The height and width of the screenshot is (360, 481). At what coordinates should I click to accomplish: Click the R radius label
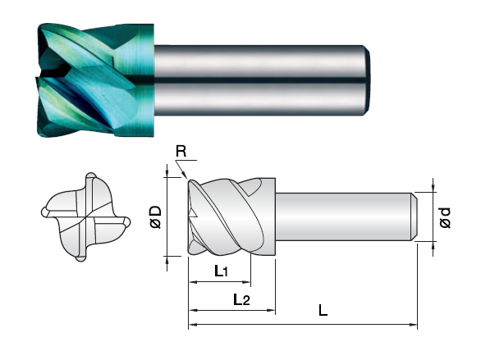181,152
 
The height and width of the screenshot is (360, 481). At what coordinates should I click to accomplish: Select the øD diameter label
156,217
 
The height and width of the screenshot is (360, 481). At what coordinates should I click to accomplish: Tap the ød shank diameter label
445,217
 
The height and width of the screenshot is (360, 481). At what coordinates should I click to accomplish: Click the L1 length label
221,271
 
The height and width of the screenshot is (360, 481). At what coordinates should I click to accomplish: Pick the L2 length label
241,299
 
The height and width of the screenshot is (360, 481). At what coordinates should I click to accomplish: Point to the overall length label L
323,310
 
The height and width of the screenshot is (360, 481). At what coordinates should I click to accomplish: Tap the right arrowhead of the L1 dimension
247,282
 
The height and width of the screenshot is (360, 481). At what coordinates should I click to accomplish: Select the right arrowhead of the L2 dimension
272,310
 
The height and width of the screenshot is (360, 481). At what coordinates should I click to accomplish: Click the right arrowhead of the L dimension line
414,324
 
